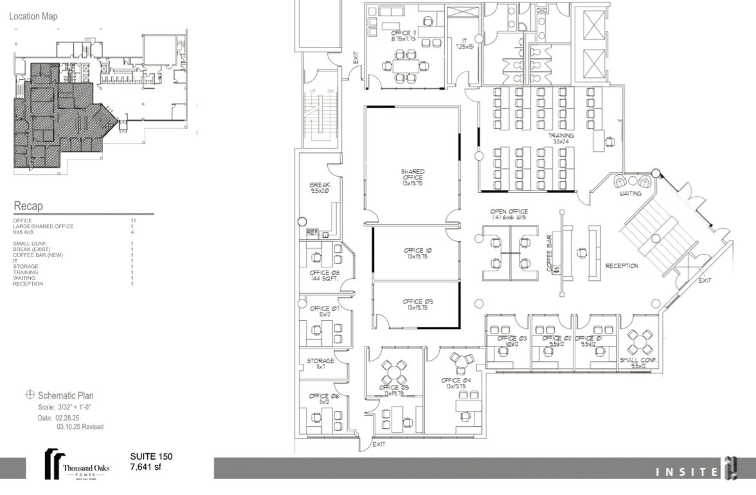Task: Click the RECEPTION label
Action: point(622,266)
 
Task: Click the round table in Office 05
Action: point(395,371)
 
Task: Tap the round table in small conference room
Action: point(640,339)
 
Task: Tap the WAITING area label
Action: point(630,194)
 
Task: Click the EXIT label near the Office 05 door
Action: point(379,445)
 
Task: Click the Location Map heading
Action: point(33,16)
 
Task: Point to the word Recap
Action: point(29,206)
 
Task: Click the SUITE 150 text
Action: point(151,456)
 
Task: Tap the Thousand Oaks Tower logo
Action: point(76,464)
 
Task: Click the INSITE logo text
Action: point(686,473)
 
